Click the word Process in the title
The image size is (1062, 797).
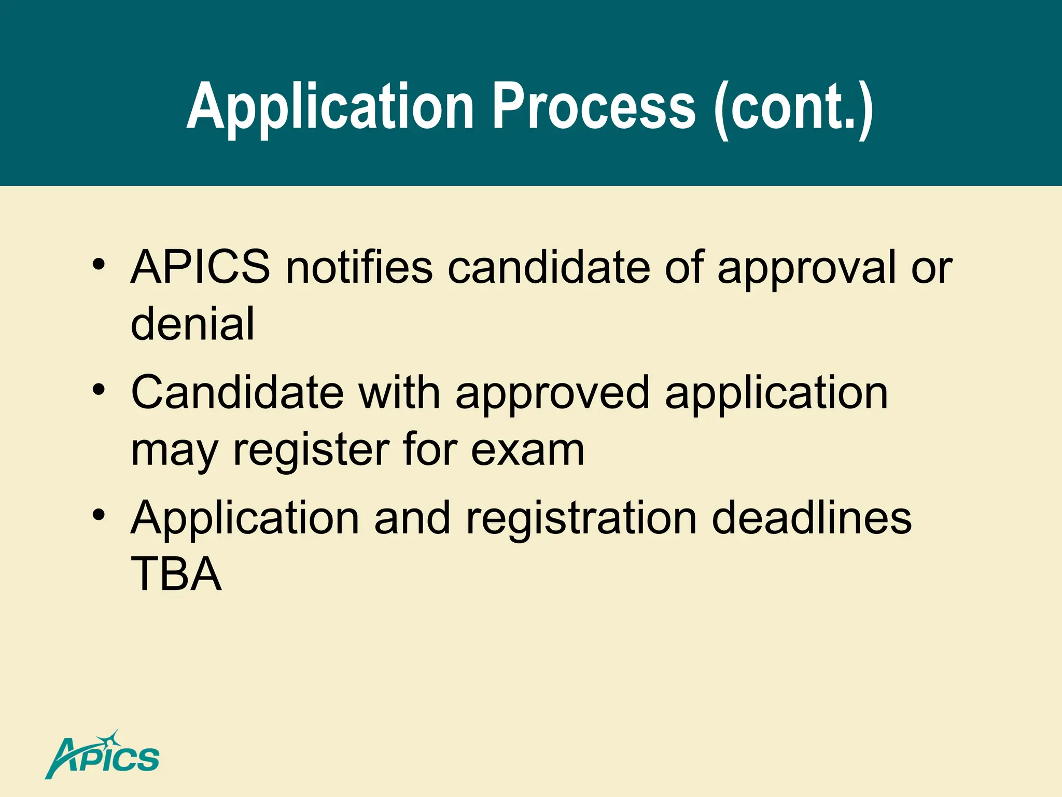tap(593, 107)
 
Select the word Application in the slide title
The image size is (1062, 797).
tap(330, 108)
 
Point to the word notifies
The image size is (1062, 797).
tap(359, 267)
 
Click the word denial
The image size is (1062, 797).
tap(192, 324)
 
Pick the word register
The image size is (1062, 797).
tap(311, 450)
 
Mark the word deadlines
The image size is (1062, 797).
tap(812, 518)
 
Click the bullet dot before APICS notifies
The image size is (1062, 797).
tap(99, 265)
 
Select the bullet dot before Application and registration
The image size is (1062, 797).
tap(99, 515)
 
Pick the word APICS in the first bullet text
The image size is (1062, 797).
tap(200, 267)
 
